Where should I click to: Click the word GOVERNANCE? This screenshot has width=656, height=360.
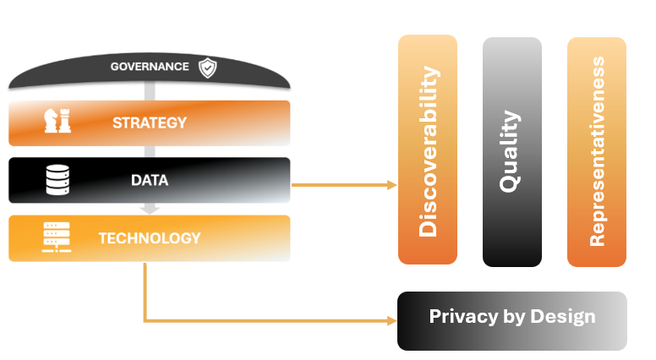[150, 67]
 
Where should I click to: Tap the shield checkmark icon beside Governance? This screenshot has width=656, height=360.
[206, 68]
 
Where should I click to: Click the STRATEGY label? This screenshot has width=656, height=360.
[149, 123]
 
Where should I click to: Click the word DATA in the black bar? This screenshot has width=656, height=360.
[149, 180]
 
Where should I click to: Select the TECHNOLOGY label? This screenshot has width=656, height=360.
[149, 237]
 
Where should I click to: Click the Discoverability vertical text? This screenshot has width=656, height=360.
[429, 151]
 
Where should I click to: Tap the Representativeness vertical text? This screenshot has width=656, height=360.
[597, 151]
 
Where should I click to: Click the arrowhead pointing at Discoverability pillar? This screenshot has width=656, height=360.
[391, 185]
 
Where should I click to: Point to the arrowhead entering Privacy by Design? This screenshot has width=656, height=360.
[391, 321]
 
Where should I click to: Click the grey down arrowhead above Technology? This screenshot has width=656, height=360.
[149, 208]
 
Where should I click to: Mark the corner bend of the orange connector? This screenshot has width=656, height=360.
[145, 321]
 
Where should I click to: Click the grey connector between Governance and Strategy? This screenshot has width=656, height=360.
[149, 92]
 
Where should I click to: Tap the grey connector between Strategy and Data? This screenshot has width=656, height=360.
[149, 151]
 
